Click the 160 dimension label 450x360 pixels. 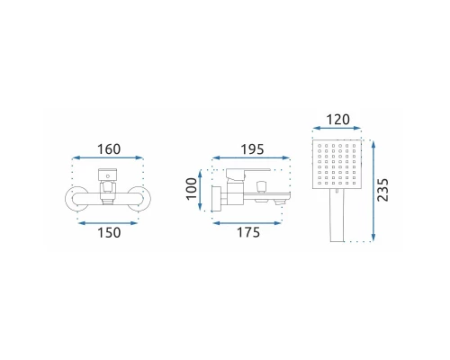(x=109, y=149)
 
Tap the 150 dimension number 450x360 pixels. (x=109, y=232)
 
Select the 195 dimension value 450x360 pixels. (x=252, y=149)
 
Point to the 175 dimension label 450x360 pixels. (x=248, y=232)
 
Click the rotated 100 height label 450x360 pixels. (x=192, y=189)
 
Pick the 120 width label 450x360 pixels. (x=337, y=120)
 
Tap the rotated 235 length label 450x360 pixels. (x=382, y=190)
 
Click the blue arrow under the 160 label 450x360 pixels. (x=108, y=157)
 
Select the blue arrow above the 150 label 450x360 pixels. (x=108, y=223)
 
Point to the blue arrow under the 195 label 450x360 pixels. (x=251, y=157)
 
